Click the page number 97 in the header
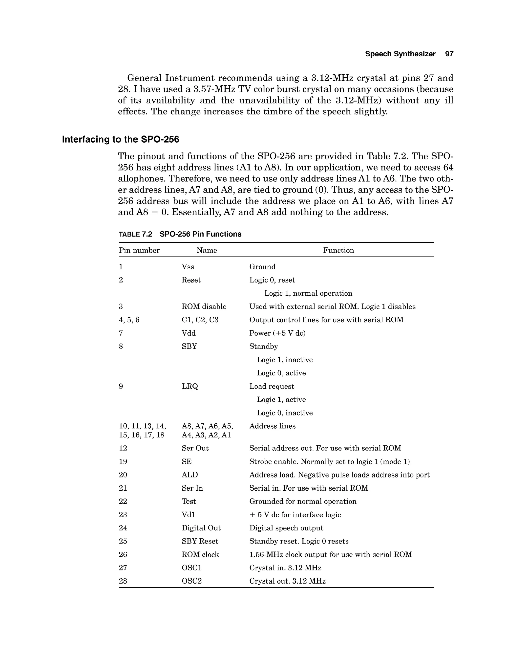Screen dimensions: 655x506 click(449, 54)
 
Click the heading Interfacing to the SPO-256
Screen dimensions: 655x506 click(120, 139)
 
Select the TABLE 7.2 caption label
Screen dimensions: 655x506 click(135, 234)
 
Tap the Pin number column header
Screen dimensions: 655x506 click(139, 250)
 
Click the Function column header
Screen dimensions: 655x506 click(338, 250)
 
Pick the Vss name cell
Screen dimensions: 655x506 click(188, 267)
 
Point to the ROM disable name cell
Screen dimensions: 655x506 click(204, 306)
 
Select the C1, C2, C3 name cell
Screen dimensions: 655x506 click(200, 320)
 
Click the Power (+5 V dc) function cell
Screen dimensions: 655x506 click(277, 333)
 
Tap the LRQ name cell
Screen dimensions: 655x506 click(190, 386)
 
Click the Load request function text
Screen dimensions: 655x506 click(272, 386)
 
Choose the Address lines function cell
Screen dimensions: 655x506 click(272, 426)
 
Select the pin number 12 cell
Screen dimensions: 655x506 click(123, 448)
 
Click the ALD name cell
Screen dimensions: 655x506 click(190, 475)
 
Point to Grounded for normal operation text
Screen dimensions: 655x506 click(303, 501)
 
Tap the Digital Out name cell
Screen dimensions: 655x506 click(201, 528)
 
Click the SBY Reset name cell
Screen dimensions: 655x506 click(200, 541)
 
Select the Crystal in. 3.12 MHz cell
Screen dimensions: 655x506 click(285, 568)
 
